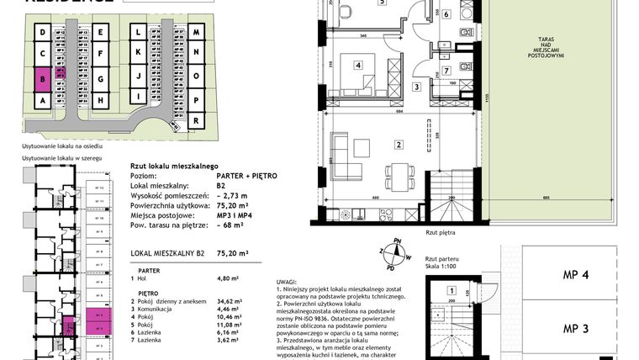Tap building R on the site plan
(195, 120)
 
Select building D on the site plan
(41, 34)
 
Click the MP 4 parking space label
(574, 275)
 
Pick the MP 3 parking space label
(574, 329)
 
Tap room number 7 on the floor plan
(446, 71)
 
